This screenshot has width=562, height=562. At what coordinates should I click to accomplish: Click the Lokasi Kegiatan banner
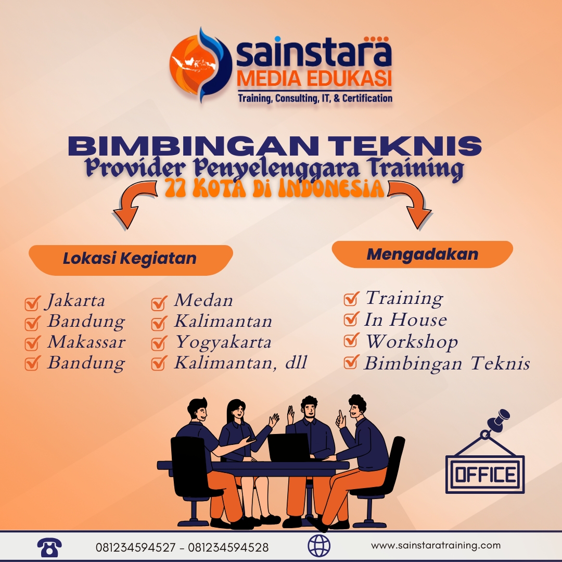130,259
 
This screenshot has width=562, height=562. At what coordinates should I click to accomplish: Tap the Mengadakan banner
422,254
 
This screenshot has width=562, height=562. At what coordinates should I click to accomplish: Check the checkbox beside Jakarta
33,302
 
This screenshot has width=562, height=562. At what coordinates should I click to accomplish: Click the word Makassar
86,342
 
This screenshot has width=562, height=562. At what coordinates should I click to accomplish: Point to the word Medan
203,300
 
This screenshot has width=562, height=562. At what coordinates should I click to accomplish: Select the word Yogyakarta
223,342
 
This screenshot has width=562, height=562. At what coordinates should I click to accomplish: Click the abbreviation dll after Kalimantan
296,363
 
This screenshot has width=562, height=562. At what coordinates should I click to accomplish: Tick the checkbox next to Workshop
352,341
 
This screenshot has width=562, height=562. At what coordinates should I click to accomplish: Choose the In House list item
405,320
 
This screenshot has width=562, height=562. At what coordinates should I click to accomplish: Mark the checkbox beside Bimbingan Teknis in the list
352,362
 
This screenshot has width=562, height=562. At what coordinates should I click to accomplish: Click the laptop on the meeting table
289,447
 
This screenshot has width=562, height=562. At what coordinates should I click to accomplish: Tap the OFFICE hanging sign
485,474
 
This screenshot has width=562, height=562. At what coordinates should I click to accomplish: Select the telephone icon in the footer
49,547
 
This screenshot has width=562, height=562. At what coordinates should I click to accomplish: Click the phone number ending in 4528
228,547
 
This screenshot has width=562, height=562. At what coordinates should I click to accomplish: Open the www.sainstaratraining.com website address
436,546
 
